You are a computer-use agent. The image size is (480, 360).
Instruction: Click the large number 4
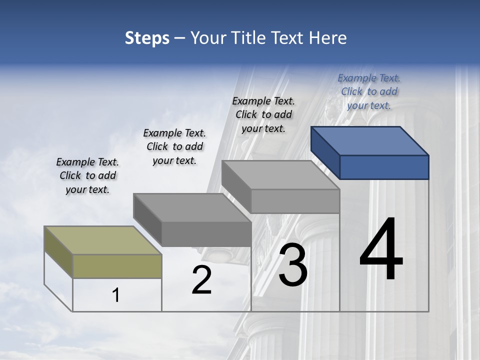point(381,249)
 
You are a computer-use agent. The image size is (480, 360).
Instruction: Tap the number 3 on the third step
point(293,264)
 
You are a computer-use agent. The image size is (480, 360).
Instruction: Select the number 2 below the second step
point(202,279)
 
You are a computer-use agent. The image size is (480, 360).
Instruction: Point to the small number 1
point(115,295)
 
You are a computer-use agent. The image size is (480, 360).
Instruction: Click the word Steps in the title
point(147,38)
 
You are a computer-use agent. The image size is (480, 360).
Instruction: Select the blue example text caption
point(369,91)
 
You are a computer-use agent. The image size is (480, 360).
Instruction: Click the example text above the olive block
point(87,175)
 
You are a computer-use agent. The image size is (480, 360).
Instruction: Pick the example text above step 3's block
point(263,114)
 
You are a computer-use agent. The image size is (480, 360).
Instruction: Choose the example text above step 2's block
point(174,146)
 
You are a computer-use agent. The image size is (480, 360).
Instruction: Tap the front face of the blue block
point(384,167)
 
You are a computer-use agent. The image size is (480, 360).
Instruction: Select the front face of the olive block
point(117,266)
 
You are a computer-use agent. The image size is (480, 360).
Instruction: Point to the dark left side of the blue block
point(325,152)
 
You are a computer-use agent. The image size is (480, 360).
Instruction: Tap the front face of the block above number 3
point(295,201)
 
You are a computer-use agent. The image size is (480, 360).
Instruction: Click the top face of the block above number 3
point(280,175)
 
